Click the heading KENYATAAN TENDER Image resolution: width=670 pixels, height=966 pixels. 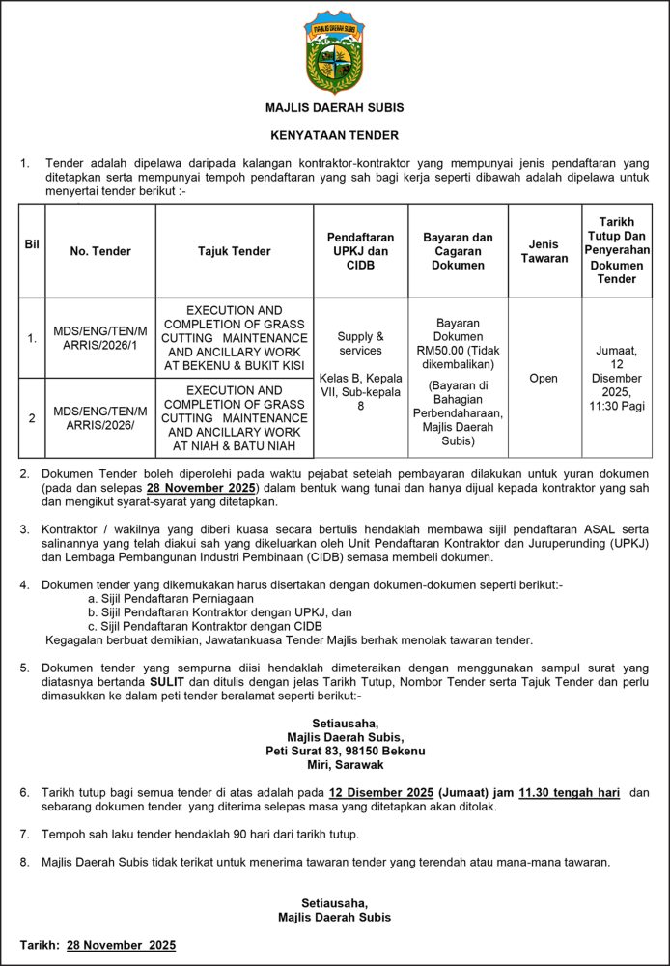click(x=334, y=136)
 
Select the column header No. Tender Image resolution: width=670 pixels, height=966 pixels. click(x=100, y=251)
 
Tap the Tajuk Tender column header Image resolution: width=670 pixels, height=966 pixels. click(x=235, y=251)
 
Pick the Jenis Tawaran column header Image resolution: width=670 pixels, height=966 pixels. click(x=544, y=251)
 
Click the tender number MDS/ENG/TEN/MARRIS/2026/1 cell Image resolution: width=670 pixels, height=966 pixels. click(x=100, y=338)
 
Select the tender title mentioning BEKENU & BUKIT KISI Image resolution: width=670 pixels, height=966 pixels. click(x=235, y=338)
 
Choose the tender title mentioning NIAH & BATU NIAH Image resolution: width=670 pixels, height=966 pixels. click(x=235, y=418)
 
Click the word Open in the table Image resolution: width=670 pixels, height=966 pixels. click(x=544, y=378)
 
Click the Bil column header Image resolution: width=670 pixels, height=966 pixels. click(x=32, y=244)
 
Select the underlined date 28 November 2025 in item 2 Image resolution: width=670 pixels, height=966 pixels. click(x=200, y=488)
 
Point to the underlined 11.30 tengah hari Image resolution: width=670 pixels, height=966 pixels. click(x=570, y=792)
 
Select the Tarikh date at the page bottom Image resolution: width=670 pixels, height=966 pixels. click(x=121, y=945)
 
